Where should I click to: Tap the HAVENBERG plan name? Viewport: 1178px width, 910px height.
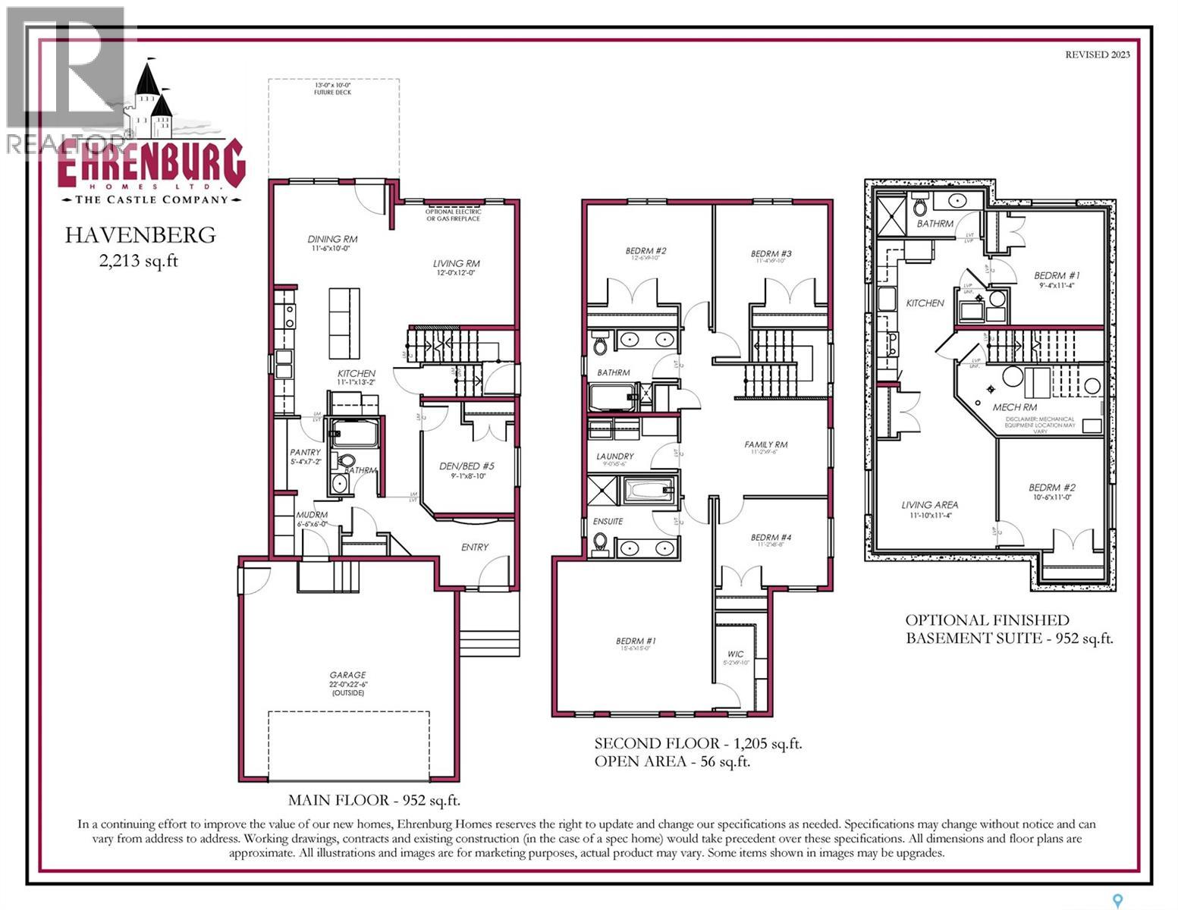click(140, 235)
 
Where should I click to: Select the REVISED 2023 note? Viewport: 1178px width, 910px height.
click(1097, 55)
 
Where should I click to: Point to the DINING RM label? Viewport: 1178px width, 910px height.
click(332, 239)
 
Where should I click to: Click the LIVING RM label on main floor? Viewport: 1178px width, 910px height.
click(456, 264)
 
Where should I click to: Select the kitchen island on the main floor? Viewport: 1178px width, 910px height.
click(344, 323)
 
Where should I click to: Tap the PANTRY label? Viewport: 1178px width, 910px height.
click(305, 453)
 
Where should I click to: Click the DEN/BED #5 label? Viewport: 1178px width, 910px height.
click(466, 466)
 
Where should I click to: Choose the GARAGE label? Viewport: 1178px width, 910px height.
click(347, 675)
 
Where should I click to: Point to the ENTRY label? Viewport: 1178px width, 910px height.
click(475, 547)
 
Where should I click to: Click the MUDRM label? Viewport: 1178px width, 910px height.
click(311, 515)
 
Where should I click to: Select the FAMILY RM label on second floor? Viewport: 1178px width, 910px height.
click(765, 444)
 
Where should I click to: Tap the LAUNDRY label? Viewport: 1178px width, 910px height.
click(614, 457)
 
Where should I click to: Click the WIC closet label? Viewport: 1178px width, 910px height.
click(735, 654)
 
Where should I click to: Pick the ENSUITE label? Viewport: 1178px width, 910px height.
click(608, 521)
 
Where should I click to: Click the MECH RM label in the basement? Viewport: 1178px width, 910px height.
click(1014, 407)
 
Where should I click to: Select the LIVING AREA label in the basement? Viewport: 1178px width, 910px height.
click(929, 504)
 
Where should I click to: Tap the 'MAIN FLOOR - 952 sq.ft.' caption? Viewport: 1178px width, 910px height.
click(374, 800)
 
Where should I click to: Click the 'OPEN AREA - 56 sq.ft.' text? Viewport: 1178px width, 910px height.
click(672, 762)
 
